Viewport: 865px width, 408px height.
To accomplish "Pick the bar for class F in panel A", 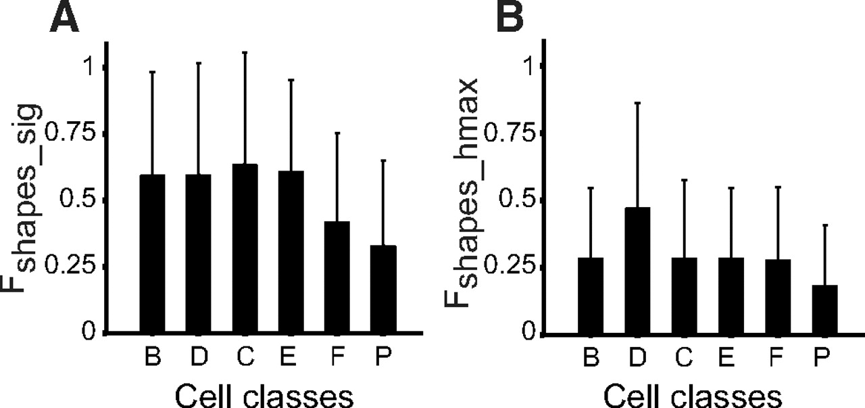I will (x=337, y=277).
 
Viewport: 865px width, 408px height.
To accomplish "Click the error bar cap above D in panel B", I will (x=637, y=103).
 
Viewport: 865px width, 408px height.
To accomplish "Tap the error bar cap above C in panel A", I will (x=245, y=52).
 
